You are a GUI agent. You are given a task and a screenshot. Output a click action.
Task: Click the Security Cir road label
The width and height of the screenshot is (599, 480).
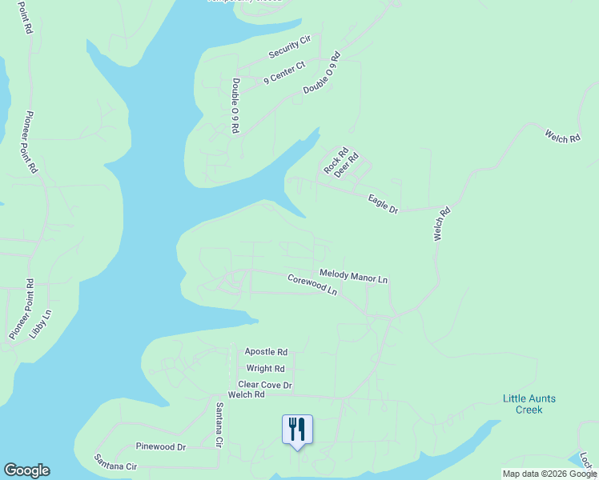[x=290, y=47]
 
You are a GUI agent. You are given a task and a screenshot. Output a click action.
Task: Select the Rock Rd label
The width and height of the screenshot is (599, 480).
[x=336, y=161]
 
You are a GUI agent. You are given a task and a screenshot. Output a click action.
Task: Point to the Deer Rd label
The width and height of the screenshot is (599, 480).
[x=347, y=165]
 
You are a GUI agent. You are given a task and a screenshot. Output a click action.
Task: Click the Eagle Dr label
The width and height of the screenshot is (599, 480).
[x=383, y=203]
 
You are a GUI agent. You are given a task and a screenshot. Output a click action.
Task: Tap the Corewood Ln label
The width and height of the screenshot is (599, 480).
[x=312, y=284]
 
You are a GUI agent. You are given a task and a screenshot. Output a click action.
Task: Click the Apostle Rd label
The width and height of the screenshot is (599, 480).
[x=266, y=352]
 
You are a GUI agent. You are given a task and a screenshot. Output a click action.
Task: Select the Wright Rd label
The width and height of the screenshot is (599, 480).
[x=265, y=369]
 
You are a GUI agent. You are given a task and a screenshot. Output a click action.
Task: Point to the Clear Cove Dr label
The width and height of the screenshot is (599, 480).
[x=265, y=385]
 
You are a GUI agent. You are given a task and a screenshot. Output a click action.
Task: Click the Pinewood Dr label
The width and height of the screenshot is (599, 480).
[x=160, y=446]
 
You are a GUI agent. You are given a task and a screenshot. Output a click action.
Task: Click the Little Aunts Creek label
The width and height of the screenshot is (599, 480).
[x=529, y=404]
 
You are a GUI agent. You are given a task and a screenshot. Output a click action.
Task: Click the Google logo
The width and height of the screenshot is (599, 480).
[x=26, y=470]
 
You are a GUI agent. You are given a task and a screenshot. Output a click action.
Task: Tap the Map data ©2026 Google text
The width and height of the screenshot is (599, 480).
[x=549, y=474]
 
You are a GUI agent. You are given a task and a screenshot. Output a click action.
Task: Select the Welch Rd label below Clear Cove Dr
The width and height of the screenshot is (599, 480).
[x=246, y=395]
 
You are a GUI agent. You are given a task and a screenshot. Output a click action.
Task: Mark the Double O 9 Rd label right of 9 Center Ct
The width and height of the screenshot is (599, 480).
[x=322, y=74]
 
